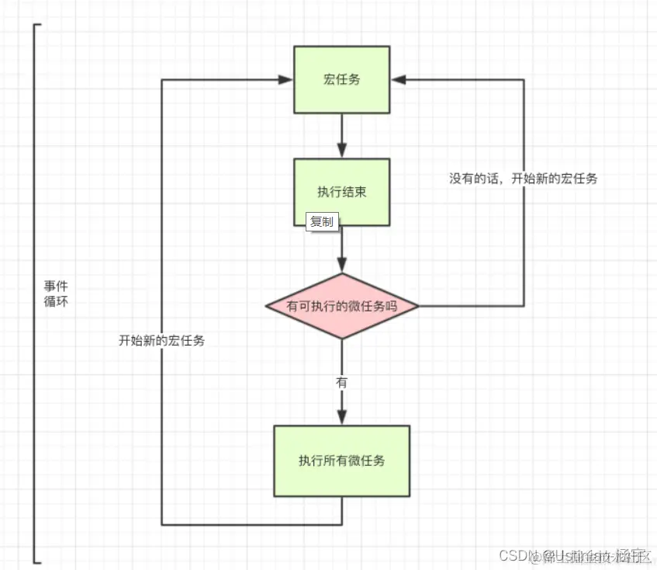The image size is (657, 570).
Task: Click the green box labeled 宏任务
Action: coord(341,79)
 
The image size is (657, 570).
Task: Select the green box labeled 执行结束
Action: coord(341,192)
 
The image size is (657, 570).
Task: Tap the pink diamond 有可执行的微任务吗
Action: coord(341,306)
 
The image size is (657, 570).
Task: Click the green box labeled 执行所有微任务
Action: coord(341,461)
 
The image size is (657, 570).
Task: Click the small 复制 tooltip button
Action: coord(322,222)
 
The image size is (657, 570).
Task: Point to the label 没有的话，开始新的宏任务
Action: coord(524,178)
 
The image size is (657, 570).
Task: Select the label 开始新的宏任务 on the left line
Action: coord(161,340)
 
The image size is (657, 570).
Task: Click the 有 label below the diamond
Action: coord(341,382)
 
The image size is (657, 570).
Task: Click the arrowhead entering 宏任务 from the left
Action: coord(286,79)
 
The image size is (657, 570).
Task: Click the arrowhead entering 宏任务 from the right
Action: coord(397,79)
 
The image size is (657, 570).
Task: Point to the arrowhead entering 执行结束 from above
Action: coord(341,153)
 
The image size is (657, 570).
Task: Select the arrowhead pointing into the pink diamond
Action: coord(341,266)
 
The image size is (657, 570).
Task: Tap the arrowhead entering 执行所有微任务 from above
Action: coord(341,419)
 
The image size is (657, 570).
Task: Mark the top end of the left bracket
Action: coord(36,25)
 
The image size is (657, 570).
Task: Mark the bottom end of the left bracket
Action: coord(36,561)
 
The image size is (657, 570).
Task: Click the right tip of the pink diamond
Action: coord(417,306)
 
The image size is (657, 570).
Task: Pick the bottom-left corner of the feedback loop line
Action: coord(161,523)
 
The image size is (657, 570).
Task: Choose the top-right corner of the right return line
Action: coord(524,79)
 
